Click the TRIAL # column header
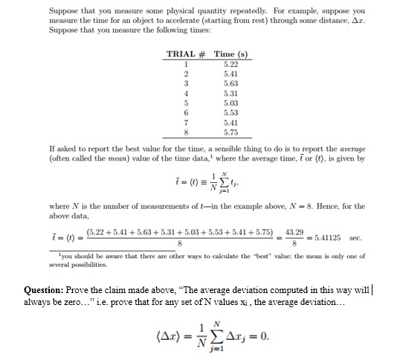point(186,54)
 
